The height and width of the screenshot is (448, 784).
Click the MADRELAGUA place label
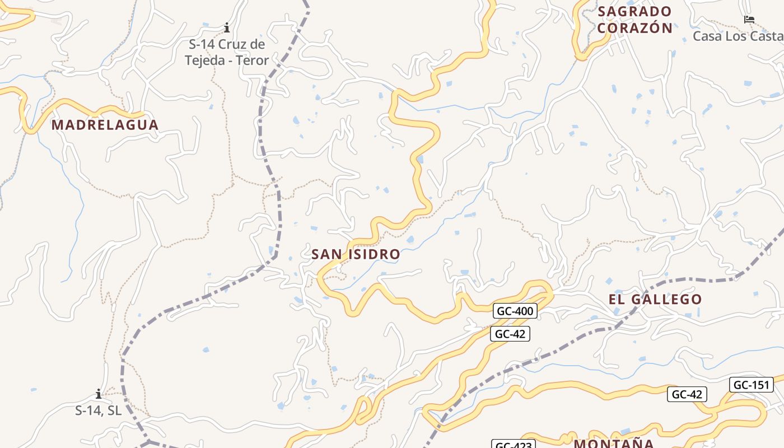click(105, 125)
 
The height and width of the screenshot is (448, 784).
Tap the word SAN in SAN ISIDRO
click(326, 254)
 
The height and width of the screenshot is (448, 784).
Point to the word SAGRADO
click(634, 12)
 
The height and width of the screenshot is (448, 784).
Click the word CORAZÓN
click(634, 28)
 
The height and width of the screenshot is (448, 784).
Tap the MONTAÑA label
click(614, 444)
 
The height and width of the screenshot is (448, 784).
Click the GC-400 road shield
click(515, 311)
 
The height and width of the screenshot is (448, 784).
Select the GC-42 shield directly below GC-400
click(510, 334)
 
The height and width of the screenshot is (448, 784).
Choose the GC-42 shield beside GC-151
click(687, 394)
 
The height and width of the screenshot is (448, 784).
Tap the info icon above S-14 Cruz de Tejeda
click(227, 27)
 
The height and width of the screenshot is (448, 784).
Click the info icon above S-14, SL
click(99, 394)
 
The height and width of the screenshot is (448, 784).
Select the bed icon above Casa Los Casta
click(749, 20)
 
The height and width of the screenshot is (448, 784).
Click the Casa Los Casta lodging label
click(738, 36)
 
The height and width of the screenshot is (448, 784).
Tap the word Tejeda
click(203, 60)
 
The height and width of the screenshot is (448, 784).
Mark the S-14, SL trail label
click(99, 410)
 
